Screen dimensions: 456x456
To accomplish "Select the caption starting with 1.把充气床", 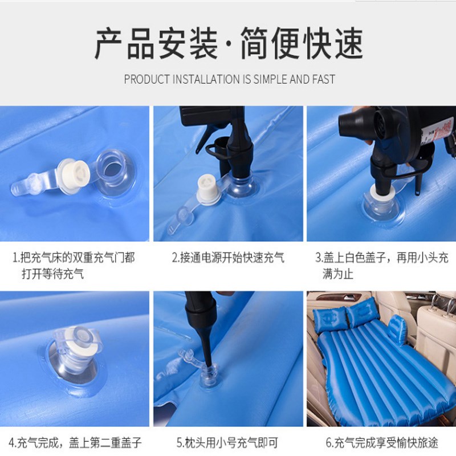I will [74, 265].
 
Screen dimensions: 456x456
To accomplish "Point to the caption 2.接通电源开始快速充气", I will [228, 258].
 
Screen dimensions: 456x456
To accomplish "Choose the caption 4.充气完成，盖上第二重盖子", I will [75, 442].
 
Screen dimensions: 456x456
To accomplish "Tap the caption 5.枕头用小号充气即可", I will [228, 442].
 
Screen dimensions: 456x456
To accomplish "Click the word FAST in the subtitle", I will [323, 79].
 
